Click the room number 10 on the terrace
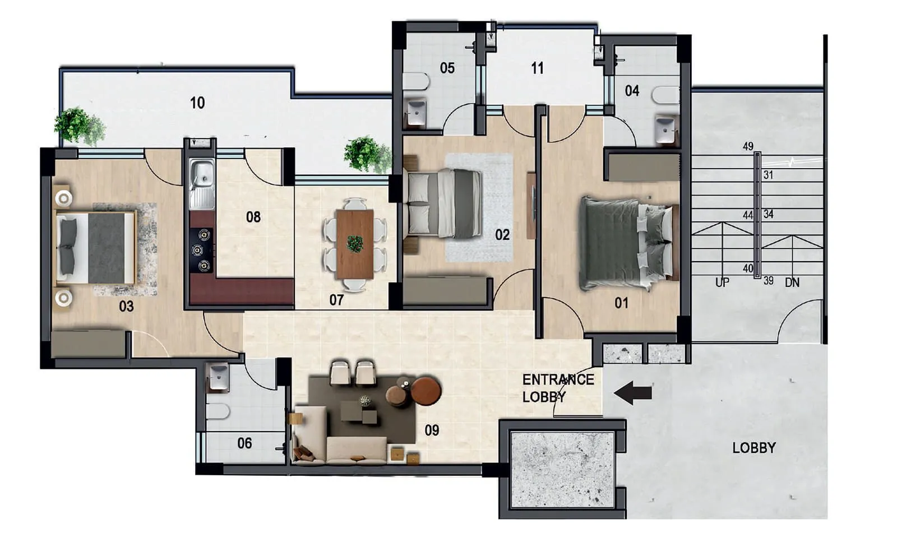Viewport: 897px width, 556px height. [197, 103]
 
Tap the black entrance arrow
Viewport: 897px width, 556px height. [633, 392]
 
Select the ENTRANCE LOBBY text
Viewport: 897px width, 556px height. [557, 388]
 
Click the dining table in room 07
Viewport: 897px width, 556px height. [354, 244]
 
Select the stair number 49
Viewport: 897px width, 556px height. [748, 146]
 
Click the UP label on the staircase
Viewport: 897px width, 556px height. [722, 282]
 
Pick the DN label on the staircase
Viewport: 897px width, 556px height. [792, 282]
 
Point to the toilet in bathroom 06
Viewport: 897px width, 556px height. [218, 411]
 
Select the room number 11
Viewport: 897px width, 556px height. [537, 68]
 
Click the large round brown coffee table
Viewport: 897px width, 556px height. [426, 391]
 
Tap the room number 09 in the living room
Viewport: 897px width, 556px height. [432, 430]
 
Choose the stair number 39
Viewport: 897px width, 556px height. [768, 280]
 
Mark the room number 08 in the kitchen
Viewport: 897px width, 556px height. [253, 217]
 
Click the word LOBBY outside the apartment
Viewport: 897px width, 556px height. [754, 448]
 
